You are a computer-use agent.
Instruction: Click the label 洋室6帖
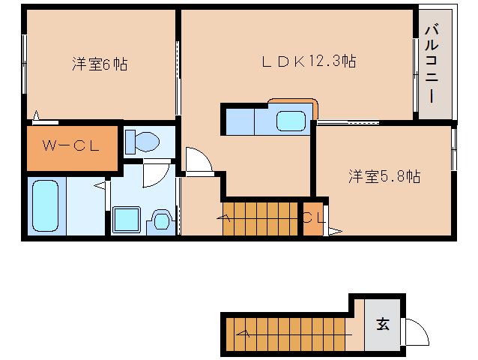[x=100, y=64]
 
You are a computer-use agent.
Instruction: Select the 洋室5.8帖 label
[x=384, y=177]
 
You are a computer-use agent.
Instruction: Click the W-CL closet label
[x=71, y=147]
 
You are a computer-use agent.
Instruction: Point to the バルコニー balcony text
[x=432, y=64]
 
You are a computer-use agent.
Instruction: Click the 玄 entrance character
[x=382, y=324]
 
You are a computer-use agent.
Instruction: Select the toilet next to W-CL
[x=142, y=141]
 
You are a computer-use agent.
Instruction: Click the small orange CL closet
[x=313, y=218]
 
